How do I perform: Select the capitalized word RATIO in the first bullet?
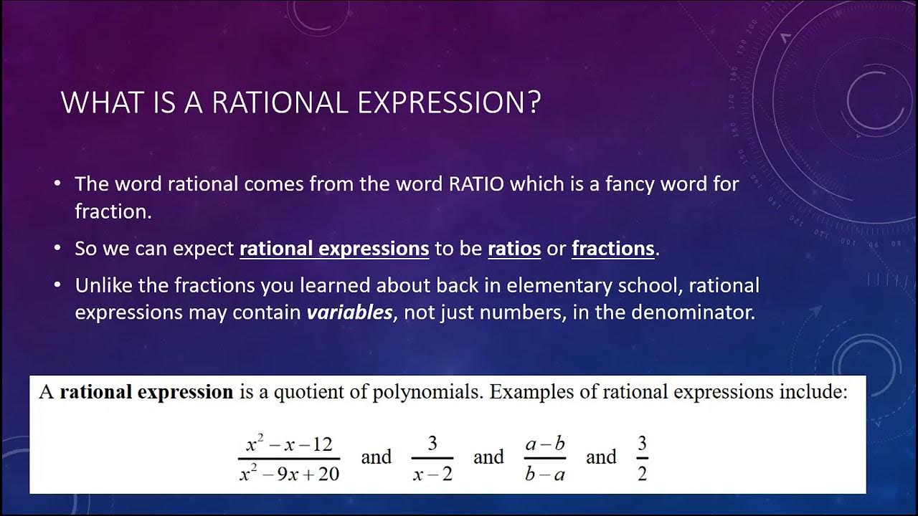click(477, 184)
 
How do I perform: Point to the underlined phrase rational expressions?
click(334, 249)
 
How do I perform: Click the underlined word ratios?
click(514, 249)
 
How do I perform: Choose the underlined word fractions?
click(613, 249)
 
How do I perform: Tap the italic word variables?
click(350, 313)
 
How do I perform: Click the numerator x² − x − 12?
click(289, 444)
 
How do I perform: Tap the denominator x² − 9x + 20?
click(289, 474)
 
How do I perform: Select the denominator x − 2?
click(432, 474)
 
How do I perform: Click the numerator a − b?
click(545, 444)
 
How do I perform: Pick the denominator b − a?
click(545, 474)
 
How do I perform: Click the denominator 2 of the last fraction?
click(642, 474)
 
